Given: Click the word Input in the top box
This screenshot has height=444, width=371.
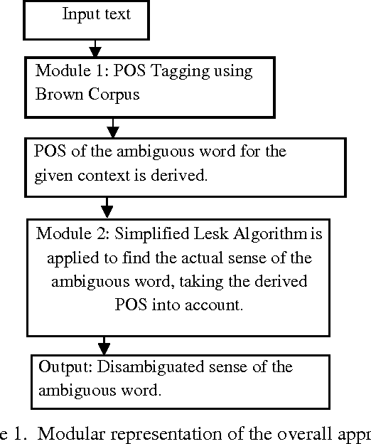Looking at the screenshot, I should click(77, 14).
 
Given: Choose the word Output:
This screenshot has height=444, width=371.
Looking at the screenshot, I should click(65, 367).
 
